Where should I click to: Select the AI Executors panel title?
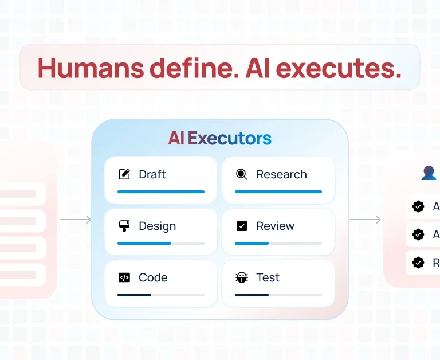[x=219, y=138]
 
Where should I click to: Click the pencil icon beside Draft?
[x=124, y=174]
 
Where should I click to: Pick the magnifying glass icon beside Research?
[x=242, y=174]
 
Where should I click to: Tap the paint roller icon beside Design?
[x=124, y=226]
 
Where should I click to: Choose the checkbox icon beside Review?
[x=242, y=226]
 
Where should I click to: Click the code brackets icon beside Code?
[x=124, y=277]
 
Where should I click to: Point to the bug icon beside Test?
[x=242, y=277]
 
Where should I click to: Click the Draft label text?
[x=152, y=174]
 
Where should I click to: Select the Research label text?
[x=281, y=174]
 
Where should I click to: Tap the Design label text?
[x=157, y=226]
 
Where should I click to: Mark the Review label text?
[x=275, y=226]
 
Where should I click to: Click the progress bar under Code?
[x=160, y=295]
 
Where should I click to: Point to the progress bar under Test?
[x=278, y=295]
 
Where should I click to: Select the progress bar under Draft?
[x=160, y=191]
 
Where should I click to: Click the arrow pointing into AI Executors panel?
[x=76, y=220]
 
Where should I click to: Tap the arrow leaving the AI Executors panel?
[x=365, y=220]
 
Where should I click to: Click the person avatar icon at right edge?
[x=429, y=173]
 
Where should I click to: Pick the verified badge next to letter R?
[x=419, y=263]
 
